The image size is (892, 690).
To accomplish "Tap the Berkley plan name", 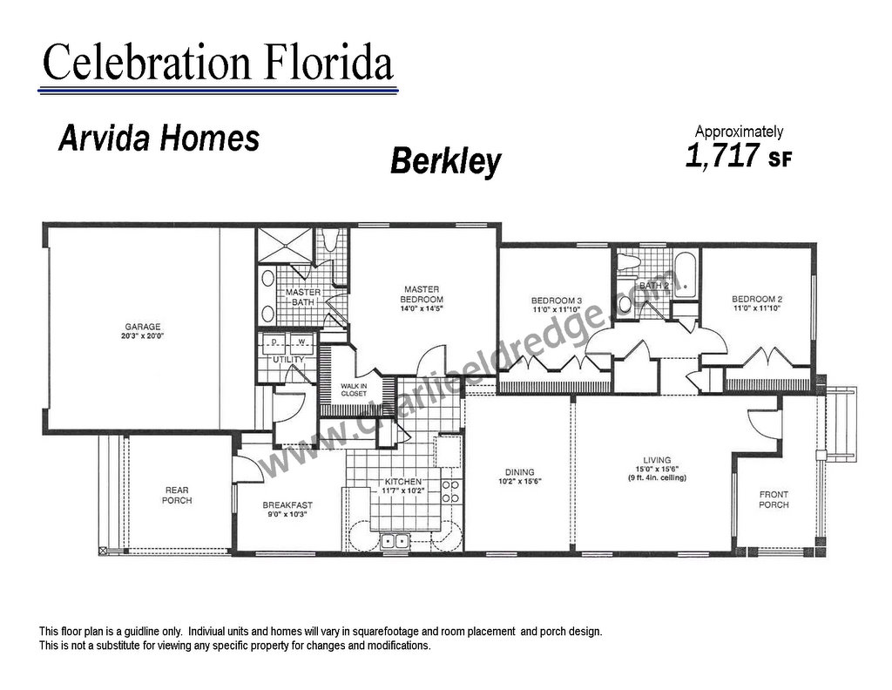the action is point(446,161).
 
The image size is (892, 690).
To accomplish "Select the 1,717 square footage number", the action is point(723,155).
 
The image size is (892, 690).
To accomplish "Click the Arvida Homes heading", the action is point(159,139).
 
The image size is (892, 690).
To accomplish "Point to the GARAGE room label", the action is point(143,327).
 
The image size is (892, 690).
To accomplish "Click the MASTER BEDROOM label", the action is point(422,294).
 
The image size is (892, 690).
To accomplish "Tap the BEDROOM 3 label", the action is point(557,301).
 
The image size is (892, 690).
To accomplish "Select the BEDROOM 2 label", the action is point(757,299).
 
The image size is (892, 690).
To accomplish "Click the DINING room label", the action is point(519,471).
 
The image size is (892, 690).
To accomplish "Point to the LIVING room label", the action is point(657,460).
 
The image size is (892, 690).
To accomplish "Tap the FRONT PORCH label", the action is point(774,499).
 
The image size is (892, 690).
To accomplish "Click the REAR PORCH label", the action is point(177,495).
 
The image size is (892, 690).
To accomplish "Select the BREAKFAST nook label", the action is point(287,504).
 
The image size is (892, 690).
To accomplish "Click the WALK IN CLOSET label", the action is point(354,389).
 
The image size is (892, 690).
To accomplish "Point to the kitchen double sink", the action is point(395,540).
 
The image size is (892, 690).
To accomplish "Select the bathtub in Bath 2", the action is point(686,274).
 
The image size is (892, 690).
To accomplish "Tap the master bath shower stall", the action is point(285,245).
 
